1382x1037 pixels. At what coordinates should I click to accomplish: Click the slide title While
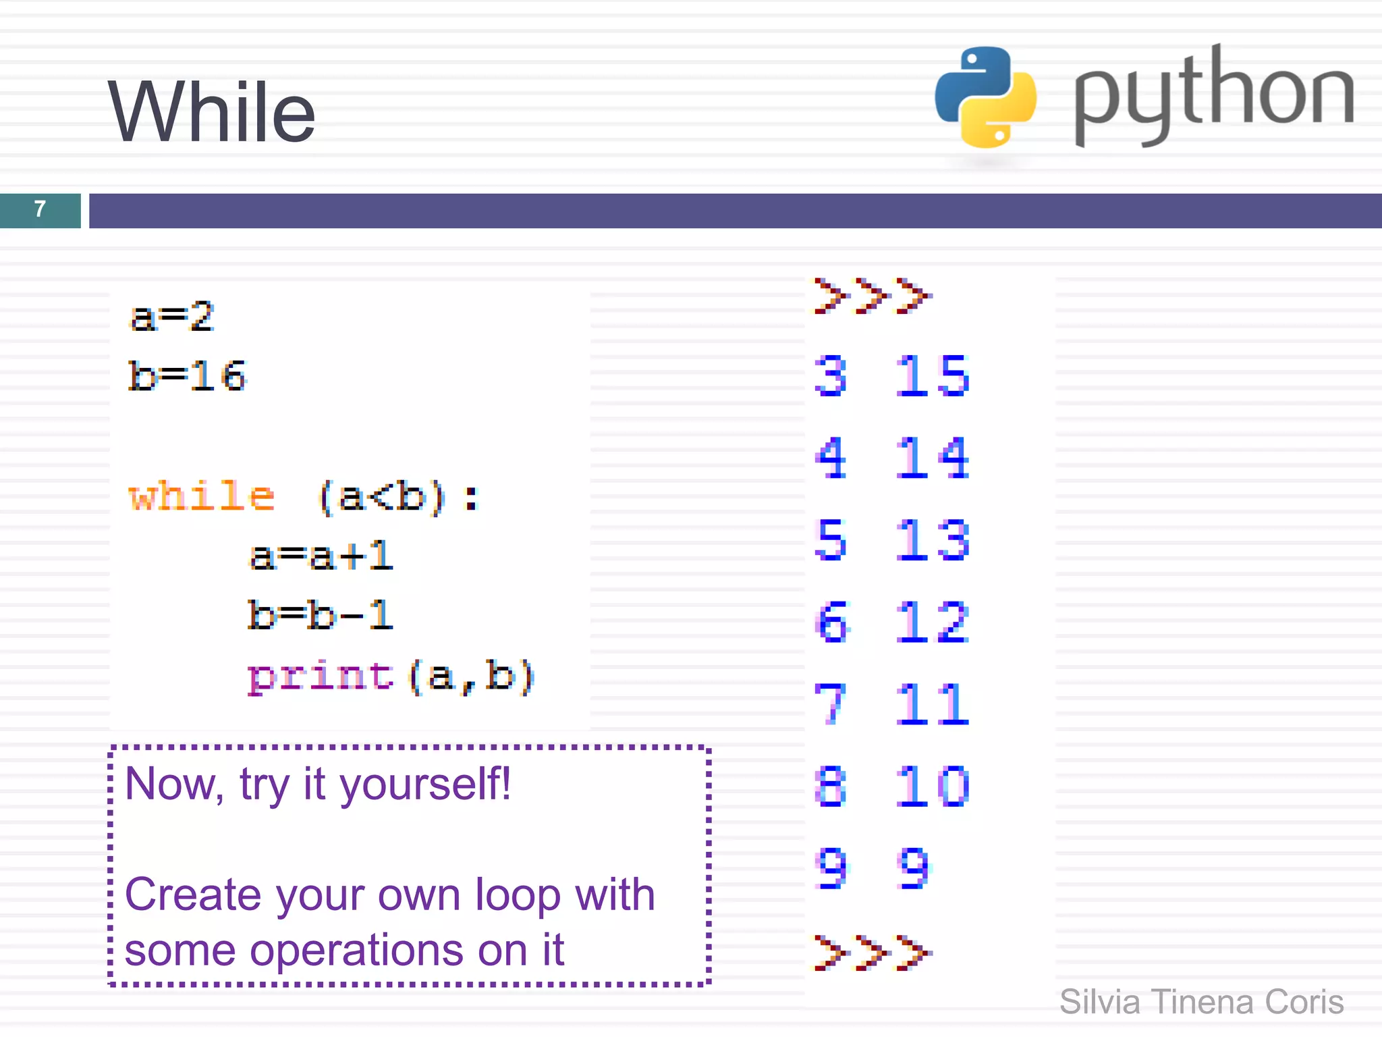[211, 112]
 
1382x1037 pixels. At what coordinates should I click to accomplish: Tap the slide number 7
[40, 209]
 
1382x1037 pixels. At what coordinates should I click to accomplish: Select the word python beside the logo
[1213, 95]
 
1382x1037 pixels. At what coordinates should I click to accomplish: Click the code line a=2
[172, 317]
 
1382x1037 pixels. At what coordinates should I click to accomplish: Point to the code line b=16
[188, 376]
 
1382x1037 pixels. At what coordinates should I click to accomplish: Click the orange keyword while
[202, 497]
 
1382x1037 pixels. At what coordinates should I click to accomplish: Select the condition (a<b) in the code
[382, 497]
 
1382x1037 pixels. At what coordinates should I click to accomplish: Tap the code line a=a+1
[321, 556]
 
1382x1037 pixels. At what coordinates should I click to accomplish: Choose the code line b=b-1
[321, 615]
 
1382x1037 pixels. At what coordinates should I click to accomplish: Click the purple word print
[321, 676]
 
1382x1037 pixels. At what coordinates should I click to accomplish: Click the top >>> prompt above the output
[872, 296]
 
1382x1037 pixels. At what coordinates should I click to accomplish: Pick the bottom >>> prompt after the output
[872, 953]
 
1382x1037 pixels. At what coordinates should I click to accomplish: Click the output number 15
[933, 375]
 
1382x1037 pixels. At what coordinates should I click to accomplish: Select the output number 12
[933, 622]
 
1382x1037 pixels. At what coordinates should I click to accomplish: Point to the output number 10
[933, 787]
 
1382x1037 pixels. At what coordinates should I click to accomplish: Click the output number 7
[830, 704]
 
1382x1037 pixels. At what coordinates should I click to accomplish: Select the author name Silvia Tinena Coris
[1201, 1002]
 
